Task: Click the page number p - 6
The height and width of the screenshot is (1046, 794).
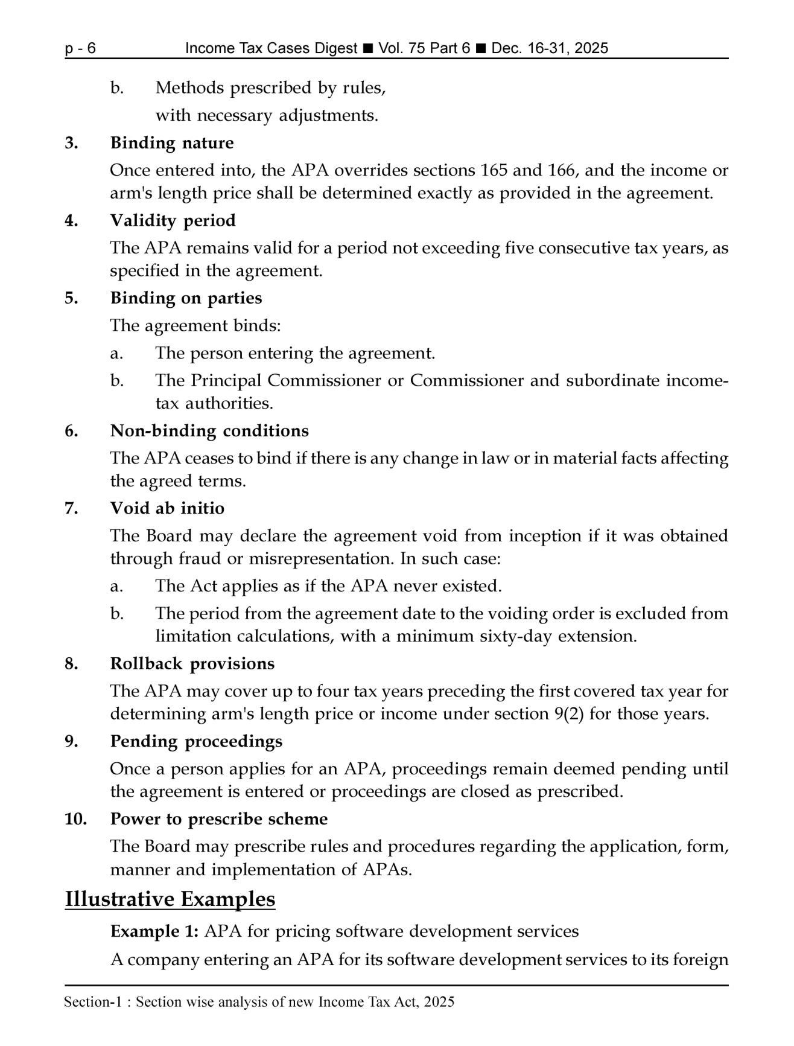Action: pyautogui.click(x=80, y=48)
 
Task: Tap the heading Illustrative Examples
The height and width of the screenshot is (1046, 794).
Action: pyautogui.click(x=170, y=899)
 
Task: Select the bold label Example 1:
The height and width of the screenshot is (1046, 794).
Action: pyautogui.click(x=154, y=931)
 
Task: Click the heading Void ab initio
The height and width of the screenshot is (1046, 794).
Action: pyautogui.click(x=167, y=508)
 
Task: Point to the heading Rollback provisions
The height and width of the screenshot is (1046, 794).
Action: pyautogui.click(x=192, y=663)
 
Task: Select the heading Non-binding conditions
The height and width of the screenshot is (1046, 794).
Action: pyautogui.click(x=209, y=431)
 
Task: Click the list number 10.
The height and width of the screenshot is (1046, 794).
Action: pyautogui.click(x=76, y=819)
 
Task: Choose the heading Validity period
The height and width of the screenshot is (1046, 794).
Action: pyautogui.click(x=173, y=220)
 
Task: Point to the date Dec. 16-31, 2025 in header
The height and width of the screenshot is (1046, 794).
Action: pyautogui.click(x=550, y=48)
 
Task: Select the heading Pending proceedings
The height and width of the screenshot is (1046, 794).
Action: pyautogui.click(x=196, y=741)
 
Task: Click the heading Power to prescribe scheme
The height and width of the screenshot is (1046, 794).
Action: pyautogui.click(x=219, y=819)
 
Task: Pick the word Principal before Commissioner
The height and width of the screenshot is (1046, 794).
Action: pyautogui.click(x=226, y=381)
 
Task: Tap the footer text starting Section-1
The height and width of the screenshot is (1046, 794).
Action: pyautogui.click(x=259, y=1003)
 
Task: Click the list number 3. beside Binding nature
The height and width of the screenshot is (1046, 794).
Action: pyautogui.click(x=71, y=143)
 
